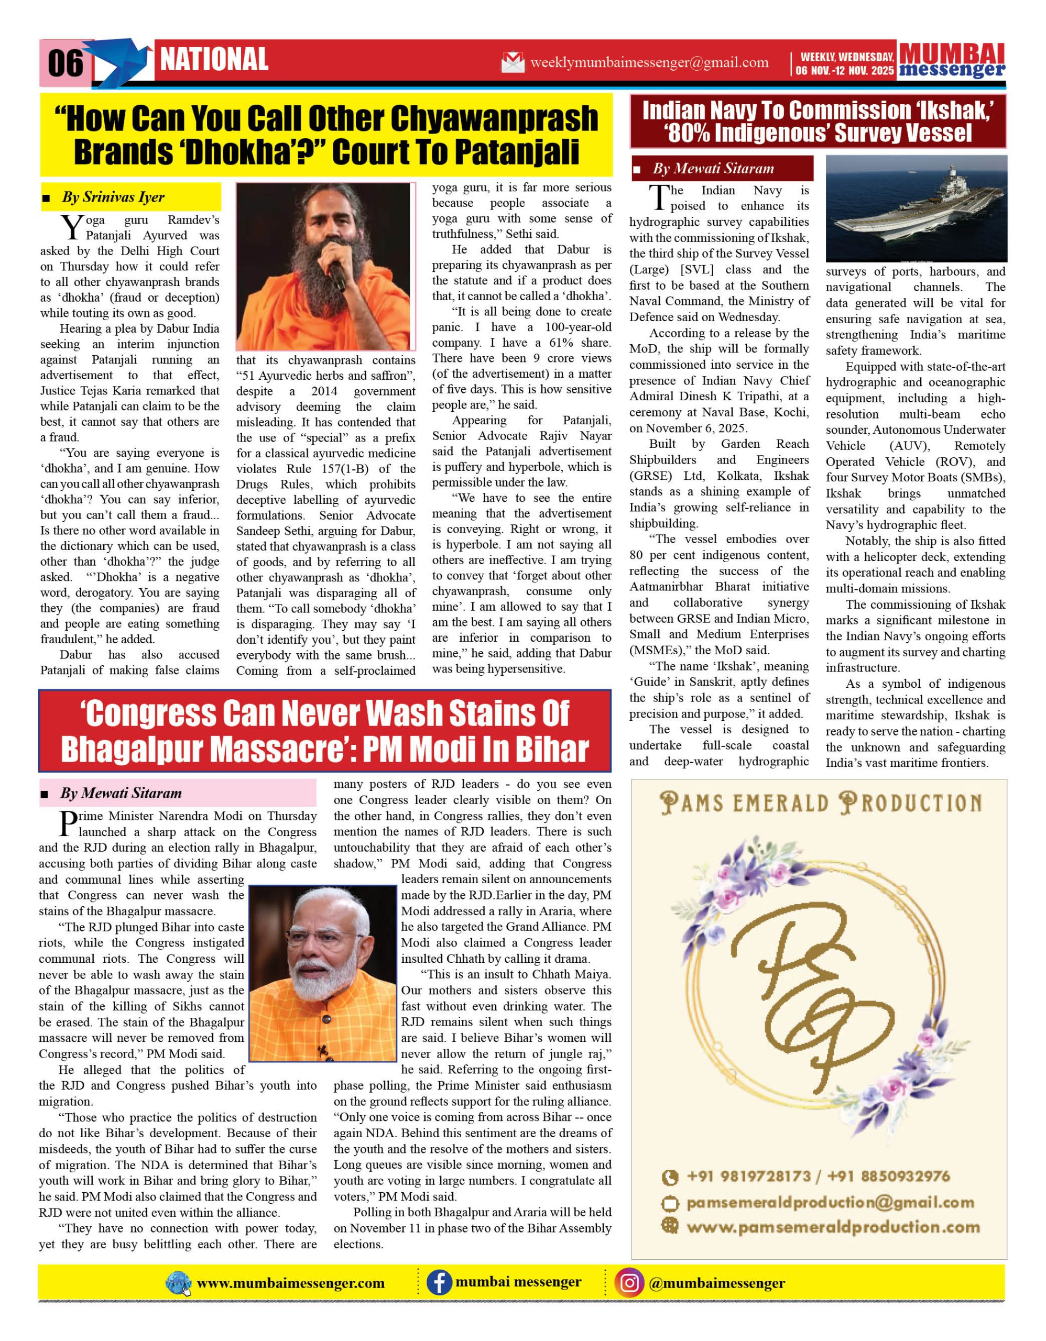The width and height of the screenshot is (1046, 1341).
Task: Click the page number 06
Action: coord(65,63)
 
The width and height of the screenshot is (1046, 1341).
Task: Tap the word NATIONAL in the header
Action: coord(214,60)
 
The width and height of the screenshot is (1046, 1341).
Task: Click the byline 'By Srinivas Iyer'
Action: coord(113,197)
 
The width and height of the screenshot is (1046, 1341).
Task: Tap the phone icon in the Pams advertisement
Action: coord(670,1177)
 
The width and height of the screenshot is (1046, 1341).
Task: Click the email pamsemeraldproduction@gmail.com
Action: coord(830,1202)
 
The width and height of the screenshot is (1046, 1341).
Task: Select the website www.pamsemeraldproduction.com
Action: coord(833,1227)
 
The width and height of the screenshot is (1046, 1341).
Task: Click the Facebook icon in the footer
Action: coord(439,1283)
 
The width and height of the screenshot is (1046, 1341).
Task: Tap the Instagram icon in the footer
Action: coord(629,1283)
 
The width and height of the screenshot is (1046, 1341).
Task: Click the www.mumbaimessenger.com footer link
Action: coord(290,1283)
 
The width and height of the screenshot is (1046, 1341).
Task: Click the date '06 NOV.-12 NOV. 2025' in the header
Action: coord(845,70)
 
